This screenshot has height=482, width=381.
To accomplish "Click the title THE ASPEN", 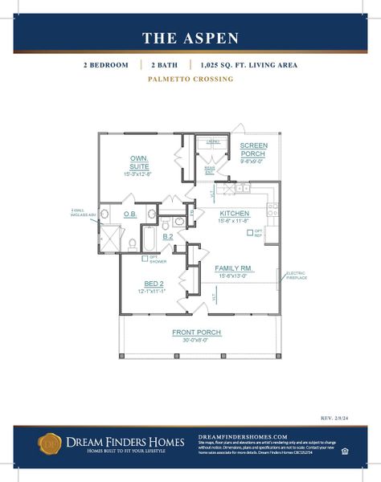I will tap(190, 38).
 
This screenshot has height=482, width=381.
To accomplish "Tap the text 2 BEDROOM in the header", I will tap(104, 65).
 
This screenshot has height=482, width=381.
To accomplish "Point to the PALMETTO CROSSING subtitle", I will tap(190, 80).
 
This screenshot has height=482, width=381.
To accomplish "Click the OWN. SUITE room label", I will tap(139, 161).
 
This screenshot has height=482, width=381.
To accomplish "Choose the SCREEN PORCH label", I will tap(253, 150).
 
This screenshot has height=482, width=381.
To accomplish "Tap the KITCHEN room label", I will tap(235, 213).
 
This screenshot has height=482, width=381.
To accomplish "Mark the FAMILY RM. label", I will tap(235, 268).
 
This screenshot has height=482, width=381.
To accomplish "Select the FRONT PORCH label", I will tap(196, 332).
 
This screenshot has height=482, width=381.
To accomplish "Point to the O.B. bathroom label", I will tap(129, 214).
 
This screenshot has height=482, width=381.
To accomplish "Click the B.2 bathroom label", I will tap(168, 237).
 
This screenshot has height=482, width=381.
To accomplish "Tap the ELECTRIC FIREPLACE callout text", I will tap(296, 275).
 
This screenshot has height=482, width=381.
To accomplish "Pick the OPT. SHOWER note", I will tap(158, 259).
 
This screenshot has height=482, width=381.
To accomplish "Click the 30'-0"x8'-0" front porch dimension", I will tap(196, 340).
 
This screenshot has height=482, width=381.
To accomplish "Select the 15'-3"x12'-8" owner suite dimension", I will tap(138, 174).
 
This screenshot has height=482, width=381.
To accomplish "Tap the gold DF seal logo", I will tap(50, 442).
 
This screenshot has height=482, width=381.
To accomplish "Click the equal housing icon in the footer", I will tap(345, 451).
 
